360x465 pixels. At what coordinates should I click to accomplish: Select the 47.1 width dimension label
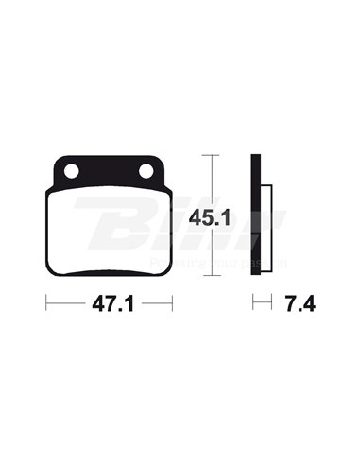[110, 305]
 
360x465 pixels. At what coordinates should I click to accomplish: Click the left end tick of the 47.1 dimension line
[46, 304]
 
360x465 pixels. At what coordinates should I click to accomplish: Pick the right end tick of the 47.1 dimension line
[174, 304]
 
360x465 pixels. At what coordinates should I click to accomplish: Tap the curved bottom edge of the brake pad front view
[110, 275]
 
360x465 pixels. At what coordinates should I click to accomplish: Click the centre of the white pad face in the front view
[110, 232]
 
